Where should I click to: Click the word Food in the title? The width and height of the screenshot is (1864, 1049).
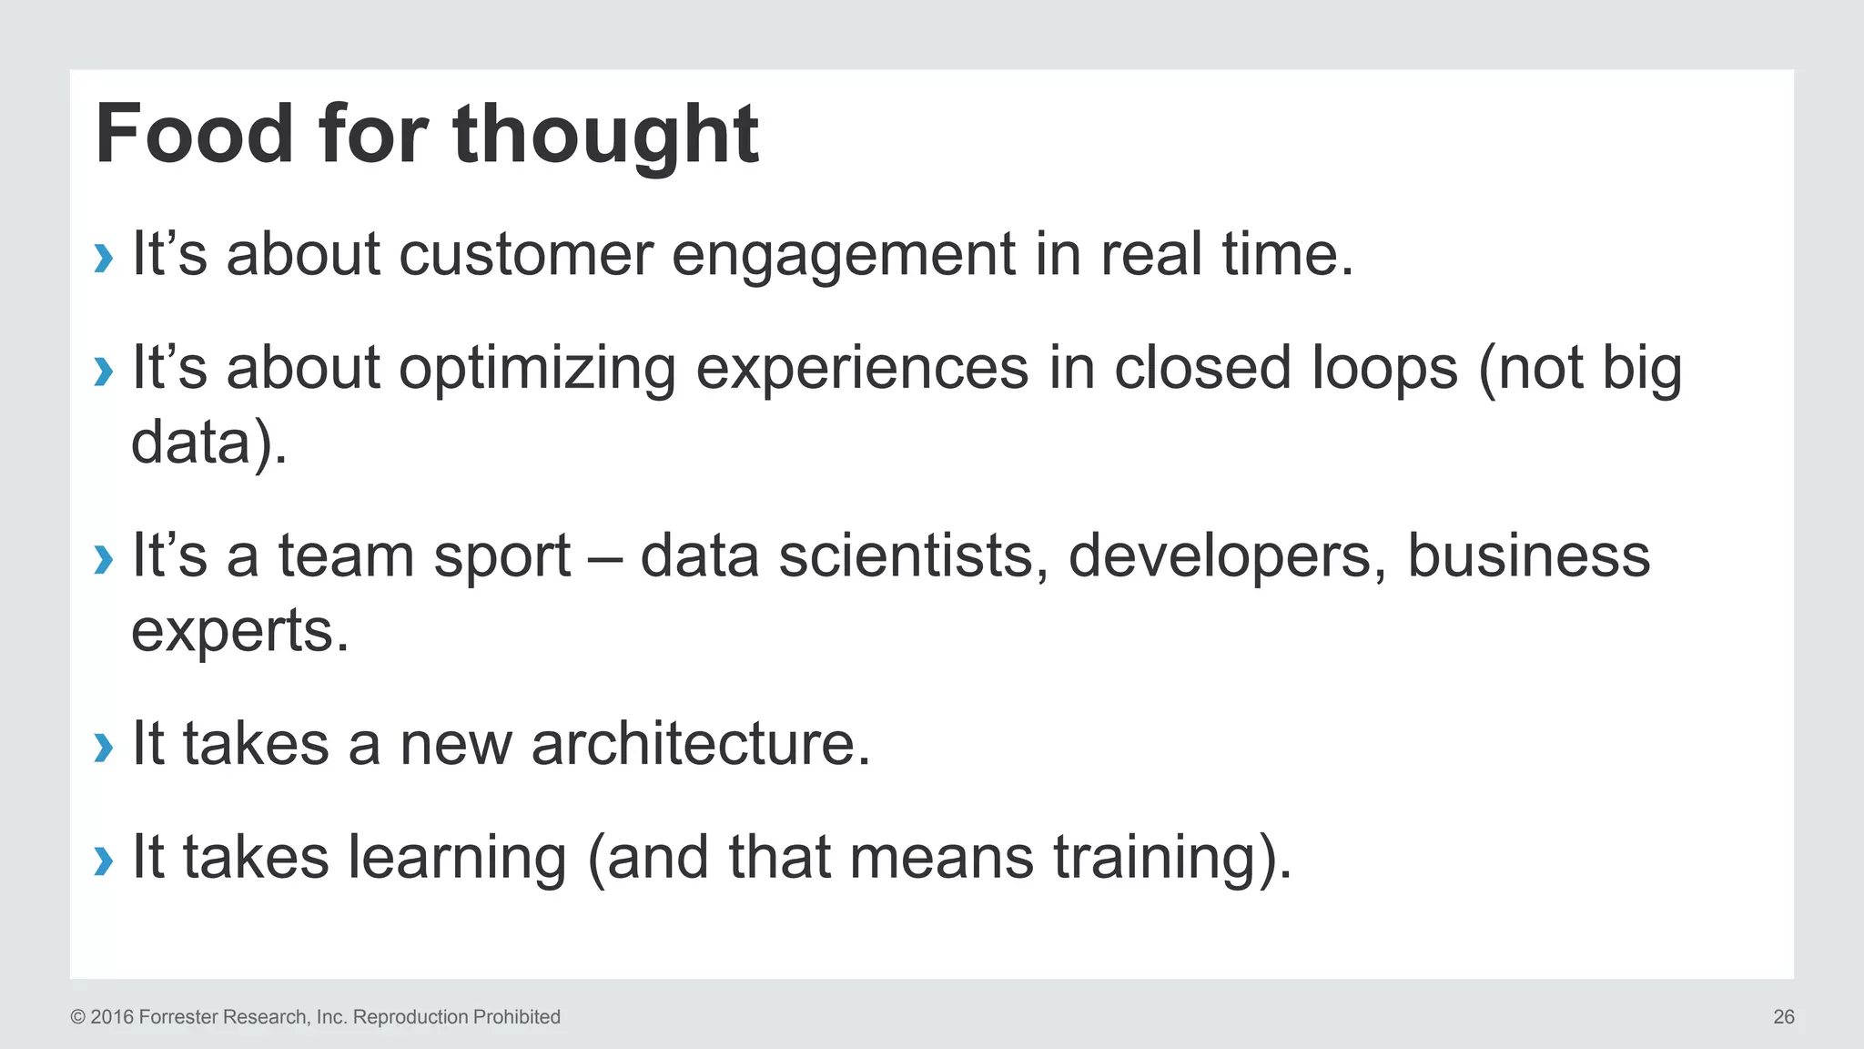194,135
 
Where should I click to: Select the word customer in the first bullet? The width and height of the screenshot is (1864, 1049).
526,254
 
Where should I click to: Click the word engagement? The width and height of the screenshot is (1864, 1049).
843,254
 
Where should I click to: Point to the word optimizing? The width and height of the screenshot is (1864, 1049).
537,369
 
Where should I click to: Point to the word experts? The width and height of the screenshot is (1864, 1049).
239,631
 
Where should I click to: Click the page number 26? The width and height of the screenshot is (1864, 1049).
1783,1017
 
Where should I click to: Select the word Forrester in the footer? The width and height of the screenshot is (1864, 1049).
178,1017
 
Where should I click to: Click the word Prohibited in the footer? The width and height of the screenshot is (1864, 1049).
515,1017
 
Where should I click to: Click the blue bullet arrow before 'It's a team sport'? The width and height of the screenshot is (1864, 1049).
104,559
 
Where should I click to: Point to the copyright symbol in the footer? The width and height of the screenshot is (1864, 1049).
77,1017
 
